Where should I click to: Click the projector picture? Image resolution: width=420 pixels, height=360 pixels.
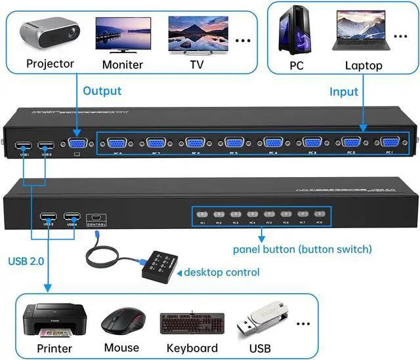coord(49,34)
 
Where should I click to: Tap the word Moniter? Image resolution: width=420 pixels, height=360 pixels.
coord(123,65)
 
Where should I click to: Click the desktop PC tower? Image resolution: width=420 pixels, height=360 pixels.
coord(297,31)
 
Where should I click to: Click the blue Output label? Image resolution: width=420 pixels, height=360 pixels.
coord(102,90)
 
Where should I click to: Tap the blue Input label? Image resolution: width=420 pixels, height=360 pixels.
coord(344,92)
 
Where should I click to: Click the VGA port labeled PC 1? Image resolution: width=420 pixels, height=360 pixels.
coord(389,143)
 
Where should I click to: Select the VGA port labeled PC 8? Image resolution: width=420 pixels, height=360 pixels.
coord(117,144)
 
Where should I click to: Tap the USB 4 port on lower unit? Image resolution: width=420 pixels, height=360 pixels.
coord(72,217)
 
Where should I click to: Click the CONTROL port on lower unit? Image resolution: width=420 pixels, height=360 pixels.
coord(96,217)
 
